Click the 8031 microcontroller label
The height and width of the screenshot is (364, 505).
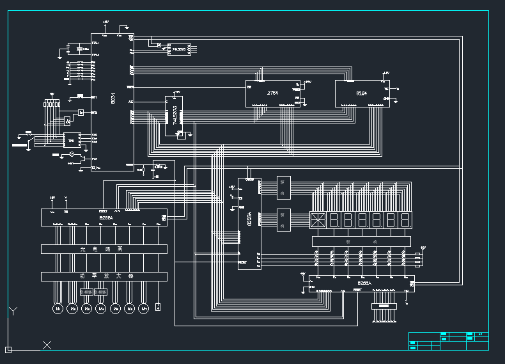pos(113,99)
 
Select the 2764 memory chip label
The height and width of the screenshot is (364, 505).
pos(272,93)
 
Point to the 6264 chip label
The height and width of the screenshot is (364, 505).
pos(362,93)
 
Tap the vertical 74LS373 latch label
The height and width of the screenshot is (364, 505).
pos(175,115)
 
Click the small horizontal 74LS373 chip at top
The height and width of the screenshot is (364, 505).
pos(177,49)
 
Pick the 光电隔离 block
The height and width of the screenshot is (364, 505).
pos(104,249)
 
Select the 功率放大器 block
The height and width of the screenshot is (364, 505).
pos(104,276)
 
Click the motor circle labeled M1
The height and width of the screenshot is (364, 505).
pos(57,308)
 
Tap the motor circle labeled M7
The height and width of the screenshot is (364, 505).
pos(144,308)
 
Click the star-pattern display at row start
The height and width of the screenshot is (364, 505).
pos(318,221)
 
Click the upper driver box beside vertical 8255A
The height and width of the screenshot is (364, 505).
pos(283,187)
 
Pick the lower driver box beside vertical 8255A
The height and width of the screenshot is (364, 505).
pos(283,219)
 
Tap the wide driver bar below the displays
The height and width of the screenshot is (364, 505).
pos(361,241)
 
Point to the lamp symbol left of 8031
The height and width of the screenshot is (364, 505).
pos(72,155)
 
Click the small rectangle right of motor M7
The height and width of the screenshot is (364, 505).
pos(158,306)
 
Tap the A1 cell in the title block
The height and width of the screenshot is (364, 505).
pos(479,335)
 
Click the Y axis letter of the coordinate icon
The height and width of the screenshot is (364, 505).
pos(13,312)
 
